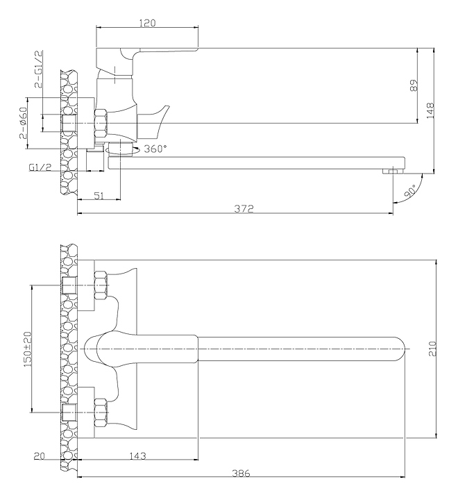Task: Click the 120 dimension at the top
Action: click(148, 23)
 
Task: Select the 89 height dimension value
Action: click(414, 85)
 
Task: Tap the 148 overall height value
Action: click(430, 110)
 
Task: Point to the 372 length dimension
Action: click(244, 208)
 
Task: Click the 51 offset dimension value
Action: click(99, 195)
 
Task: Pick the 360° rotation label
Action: click(155, 149)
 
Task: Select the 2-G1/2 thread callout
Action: click(38, 69)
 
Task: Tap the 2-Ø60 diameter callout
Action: click(24, 123)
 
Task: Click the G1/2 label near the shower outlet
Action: click(40, 167)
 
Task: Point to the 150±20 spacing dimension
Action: click(28, 349)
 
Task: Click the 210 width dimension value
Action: click(432, 349)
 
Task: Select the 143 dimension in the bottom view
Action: click(137, 456)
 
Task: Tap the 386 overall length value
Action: click(241, 474)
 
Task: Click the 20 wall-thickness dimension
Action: click(40, 456)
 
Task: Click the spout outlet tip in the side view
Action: click(393, 171)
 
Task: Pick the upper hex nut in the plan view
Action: click(101, 285)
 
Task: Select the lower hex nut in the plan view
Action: click(101, 412)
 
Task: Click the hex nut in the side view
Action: click(101, 124)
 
